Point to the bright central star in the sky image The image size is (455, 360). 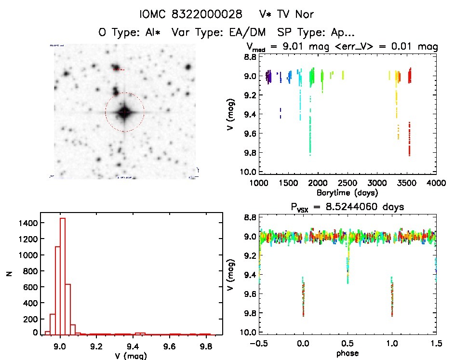tap(124, 112)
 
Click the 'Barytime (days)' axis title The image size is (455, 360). tap(347, 192)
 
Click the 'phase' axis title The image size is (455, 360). tap(347, 353)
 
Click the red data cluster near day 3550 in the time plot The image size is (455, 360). tap(409, 140)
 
